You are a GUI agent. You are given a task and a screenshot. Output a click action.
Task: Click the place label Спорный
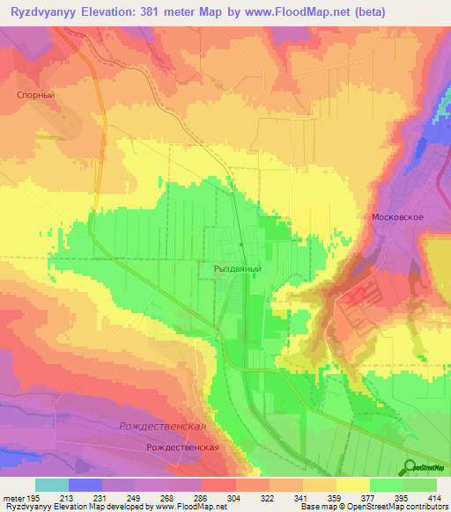click(36, 94)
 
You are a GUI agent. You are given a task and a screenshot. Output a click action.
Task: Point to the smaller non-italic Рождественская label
click(182, 447)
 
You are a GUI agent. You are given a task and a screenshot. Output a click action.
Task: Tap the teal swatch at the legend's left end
click(52, 485)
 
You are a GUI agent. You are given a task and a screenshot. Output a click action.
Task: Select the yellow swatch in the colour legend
click(353, 485)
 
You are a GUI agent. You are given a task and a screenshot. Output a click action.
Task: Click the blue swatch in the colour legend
click(85, 485)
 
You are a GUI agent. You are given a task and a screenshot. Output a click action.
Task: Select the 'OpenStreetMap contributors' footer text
click(404, 508)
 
